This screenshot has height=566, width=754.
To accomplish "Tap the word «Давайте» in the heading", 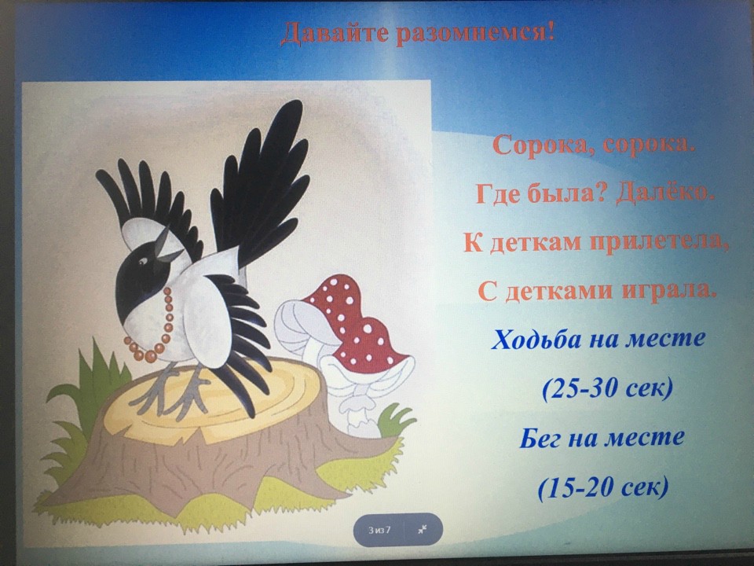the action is point(335,33).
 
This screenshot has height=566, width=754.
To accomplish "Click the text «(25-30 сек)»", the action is point(607,388).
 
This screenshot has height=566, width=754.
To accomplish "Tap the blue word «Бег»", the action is point(540,439).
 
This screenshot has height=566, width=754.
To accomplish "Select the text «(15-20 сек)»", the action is point(603,487).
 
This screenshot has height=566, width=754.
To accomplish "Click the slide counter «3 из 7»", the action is point(379,530).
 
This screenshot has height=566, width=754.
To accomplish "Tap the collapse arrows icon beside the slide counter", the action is point(423,529).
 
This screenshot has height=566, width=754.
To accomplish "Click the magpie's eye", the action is point(143,261).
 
